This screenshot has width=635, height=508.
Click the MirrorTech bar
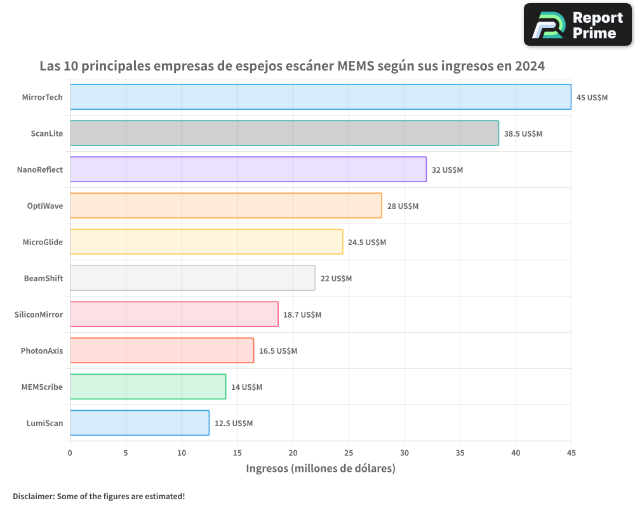pos(320,97)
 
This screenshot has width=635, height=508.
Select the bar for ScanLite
pos(284,133)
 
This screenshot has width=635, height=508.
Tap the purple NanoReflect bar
pos(248,170)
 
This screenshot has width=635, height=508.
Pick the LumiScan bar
pos(139,423)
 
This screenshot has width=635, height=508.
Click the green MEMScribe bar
pos(147,387)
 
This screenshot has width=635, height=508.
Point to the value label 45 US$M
pos(592,98)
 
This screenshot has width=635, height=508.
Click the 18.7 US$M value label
pos(302,315)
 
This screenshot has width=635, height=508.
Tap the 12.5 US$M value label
pos(234,424)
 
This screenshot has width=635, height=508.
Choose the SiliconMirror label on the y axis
pos(39,314)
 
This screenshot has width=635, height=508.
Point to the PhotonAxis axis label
pos(42,351)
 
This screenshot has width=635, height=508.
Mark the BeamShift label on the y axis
pos(43,278)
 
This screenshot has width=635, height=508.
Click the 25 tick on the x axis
pos(349,453)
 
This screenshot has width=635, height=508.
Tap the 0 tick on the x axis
pos(70,453)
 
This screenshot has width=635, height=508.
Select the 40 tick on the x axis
pos(516,453)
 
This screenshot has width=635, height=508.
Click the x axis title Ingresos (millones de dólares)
pos(321,469)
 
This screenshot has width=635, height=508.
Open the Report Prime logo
pos(577,25)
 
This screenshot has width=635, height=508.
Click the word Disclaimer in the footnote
pos(33,496)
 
